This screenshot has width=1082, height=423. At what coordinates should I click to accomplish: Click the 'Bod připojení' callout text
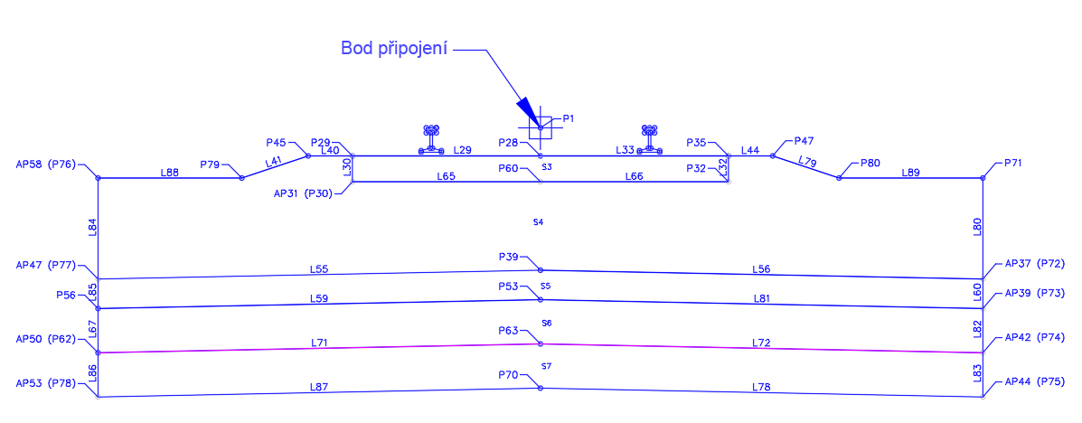pos(395,48)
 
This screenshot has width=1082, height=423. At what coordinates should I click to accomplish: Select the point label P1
pos(569,118)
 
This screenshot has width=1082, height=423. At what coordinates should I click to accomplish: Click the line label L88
pos(170,173)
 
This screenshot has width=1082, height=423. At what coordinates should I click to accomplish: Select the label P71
pos(1013,163)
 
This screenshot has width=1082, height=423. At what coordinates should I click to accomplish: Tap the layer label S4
pos(539,222)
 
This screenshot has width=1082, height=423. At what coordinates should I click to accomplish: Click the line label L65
pos(446,176)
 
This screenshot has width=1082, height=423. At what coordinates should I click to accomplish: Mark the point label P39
pos(508,257)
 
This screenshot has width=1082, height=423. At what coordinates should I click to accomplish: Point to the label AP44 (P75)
pos(1035,381)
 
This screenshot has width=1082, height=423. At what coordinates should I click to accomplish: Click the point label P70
pos(508,375)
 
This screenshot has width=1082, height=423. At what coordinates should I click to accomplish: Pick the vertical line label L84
pos(93,227)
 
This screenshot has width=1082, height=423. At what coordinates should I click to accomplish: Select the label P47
pos(804,141)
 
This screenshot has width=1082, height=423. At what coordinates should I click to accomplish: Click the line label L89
pos(911,173)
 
